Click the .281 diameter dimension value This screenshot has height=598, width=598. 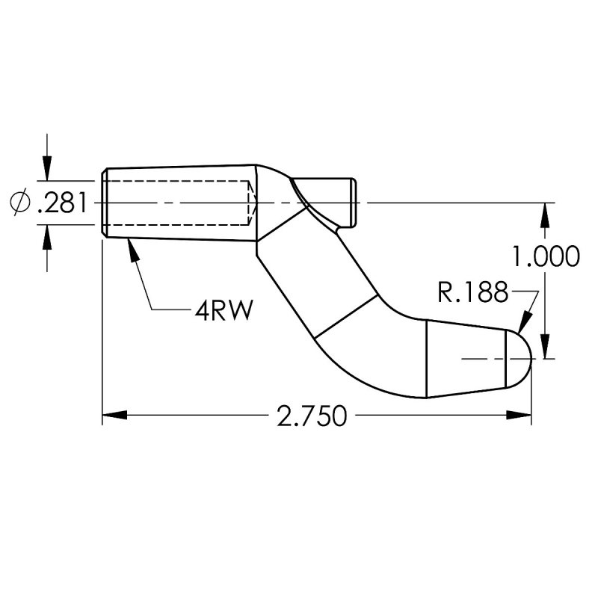[x=64, y=203]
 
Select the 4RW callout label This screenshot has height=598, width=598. [x=221, y=309]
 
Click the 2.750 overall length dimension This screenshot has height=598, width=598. [x=312, y=416]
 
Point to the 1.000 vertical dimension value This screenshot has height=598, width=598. [x=546, y=256]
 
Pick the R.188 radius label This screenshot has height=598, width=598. [x=472, y=292]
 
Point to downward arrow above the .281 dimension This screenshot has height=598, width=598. [x=48, y=167]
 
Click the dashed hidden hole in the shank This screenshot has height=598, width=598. [x=179, y=203]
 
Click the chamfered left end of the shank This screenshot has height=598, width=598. [x=104, y=203]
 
